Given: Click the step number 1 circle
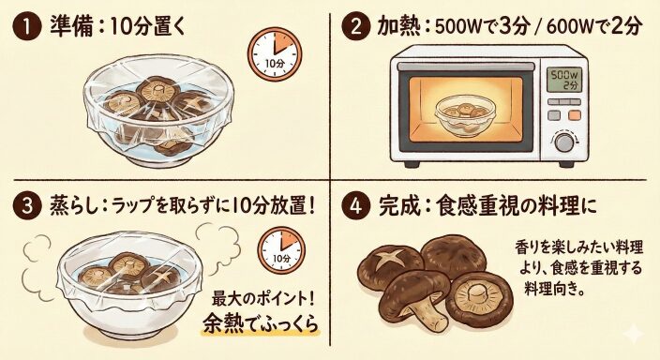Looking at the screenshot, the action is tap(27, 27).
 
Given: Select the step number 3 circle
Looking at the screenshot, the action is tap(27, 207).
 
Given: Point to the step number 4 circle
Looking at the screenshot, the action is tap(355, 207).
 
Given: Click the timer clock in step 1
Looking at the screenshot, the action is tap(275, 54).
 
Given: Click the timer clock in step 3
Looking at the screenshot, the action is tap(281, 249).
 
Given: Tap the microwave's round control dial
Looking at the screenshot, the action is tap(564, 142).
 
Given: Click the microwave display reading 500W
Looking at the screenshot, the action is tap(563, 80).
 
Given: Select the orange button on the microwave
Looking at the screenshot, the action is tap(575, 115).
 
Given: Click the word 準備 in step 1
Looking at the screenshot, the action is tap(69, 28).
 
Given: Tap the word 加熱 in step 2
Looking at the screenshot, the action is tap(397, 28).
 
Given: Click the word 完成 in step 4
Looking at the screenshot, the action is tap(397, 207).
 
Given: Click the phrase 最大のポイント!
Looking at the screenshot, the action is tap(263, 299).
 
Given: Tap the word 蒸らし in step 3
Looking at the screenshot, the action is tap(76, 207).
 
